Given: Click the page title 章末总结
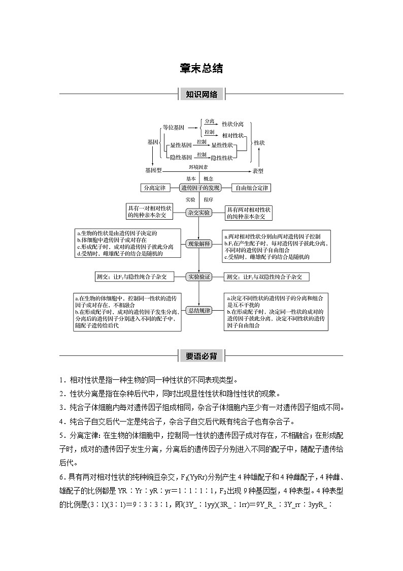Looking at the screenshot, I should [x=201, y=69].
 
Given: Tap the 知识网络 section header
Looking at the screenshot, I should [x=201, y=95].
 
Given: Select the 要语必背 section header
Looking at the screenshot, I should [x=201, y=356].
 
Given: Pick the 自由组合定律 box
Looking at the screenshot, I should [x=251, y=188].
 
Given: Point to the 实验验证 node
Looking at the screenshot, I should [x=199, y=277].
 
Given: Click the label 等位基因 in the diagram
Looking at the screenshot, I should [x=173, y=128].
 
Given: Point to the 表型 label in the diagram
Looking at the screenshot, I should [x=258, y=170].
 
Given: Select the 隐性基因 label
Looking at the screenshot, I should [x=181, y=158].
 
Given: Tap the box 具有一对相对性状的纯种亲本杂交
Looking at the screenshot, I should [x=150, y=212].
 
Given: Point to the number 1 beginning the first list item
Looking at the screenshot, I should [x=60, y=380].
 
